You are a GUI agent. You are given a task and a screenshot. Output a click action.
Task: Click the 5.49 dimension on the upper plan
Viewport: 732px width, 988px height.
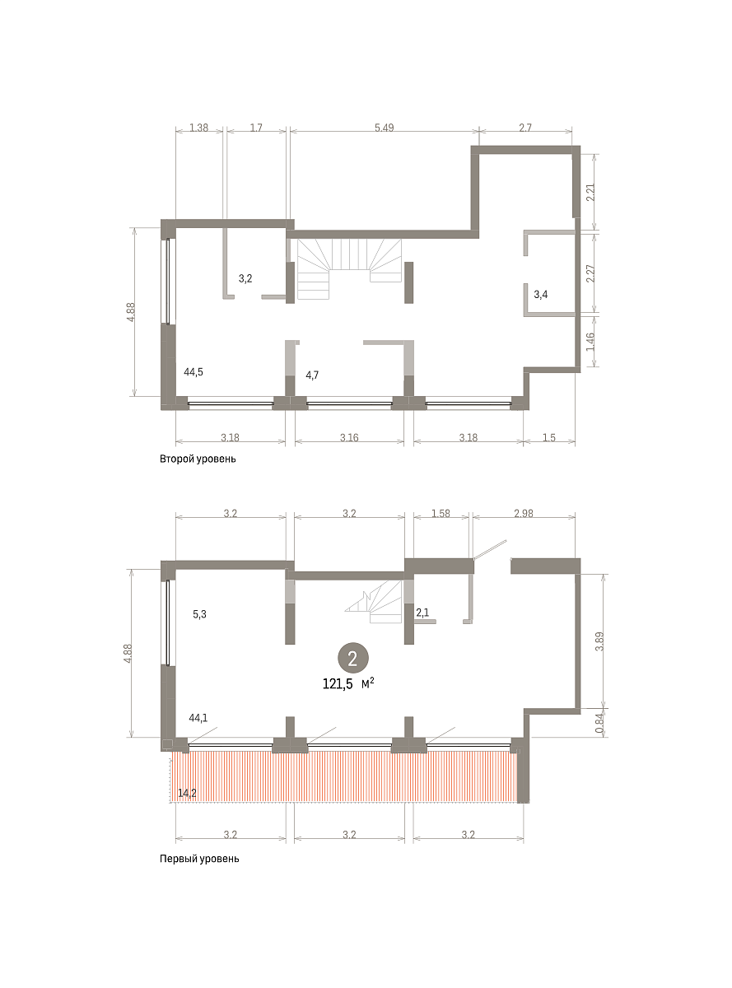coord(384,128)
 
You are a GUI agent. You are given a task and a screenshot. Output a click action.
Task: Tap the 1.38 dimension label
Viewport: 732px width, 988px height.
coord(198,128)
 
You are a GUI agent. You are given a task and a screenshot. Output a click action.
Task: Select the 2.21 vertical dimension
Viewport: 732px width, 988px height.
coord(590,192)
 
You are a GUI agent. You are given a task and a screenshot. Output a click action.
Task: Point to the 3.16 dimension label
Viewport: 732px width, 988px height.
coord(349,437)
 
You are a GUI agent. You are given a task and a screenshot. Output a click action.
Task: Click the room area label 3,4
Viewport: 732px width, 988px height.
coord(541,295)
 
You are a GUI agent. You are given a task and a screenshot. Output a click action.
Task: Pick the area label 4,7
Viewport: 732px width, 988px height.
coord(312,375)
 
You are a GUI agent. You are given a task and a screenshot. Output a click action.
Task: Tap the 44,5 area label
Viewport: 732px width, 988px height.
coord(193,372)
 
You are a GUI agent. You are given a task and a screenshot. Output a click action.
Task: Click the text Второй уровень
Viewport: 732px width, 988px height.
coord(198,459)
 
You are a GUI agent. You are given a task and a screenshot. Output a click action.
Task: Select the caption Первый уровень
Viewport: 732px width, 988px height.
coord(199,859)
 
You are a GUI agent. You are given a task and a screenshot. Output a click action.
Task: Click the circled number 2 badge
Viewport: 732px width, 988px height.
coord(352,659)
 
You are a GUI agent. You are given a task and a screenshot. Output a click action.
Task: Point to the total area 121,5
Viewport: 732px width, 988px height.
coord(338,684)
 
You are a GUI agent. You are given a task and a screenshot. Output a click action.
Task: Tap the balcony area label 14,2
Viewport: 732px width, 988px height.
coord(187,794)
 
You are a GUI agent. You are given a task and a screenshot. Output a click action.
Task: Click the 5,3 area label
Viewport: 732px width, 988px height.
coord(199,614)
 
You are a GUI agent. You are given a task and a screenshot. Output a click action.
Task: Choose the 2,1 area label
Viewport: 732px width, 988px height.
coord(422,613)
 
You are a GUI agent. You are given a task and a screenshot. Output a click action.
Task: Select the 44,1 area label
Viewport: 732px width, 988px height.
coord(198,718)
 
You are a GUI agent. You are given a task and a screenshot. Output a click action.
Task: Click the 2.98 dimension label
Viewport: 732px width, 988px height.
coord(524,513)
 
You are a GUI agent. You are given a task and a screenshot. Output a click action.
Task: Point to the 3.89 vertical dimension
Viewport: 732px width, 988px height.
coord(599,641)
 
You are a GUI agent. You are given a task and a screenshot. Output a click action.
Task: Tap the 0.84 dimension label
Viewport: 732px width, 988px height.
coord(599,723)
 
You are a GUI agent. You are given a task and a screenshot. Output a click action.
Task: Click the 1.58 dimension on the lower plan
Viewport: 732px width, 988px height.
coord(441,513)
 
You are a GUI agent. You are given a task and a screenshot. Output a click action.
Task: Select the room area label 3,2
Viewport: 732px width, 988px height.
coord(245,279)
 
